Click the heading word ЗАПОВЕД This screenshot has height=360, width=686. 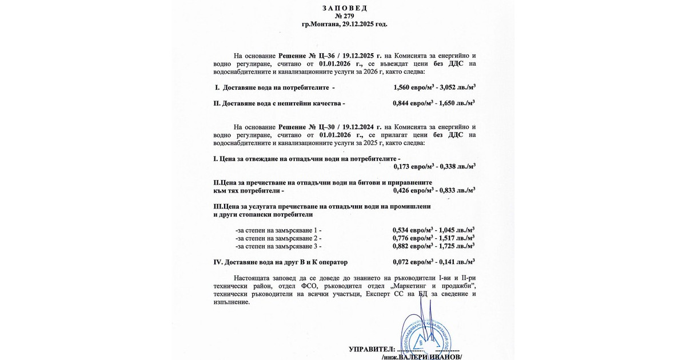click(344, 8)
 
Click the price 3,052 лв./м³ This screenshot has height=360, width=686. click(458, 88)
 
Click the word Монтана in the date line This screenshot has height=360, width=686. click(324, 24)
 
